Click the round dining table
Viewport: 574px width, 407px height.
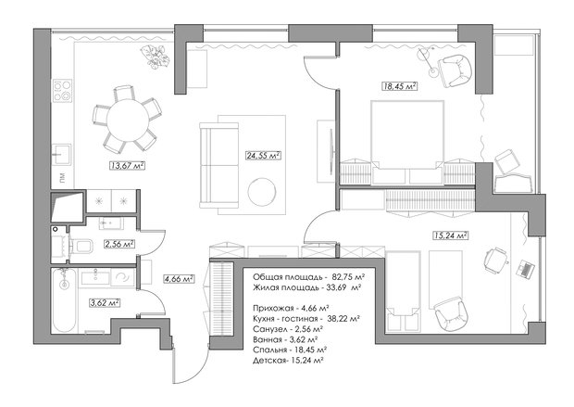pyautogui.click(x=128, y=120)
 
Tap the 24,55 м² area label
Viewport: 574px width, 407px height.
pyautogui.click(x=264, y=156)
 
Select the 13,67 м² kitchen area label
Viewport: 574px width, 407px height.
pyautogui.click(x=127, y=166)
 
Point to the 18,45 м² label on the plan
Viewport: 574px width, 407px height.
pyautogui.click(x=400, y=86)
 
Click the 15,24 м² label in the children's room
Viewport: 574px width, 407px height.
pyautogui.click(x=451, y=235)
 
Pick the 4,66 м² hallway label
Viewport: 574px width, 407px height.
pyautogui.click(x=179, y=279)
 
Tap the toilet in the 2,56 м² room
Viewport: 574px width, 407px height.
pyautogui.click(x=81, y=246)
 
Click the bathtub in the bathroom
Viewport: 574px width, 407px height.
pyautogui.click(x=64, y=300)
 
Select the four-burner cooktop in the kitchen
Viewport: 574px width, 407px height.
pyautogui.click(x=63, y=91)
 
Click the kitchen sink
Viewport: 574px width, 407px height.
pyautogui.click(x=61, y=155)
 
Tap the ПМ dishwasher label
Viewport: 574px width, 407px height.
pyautogui.click(x=63, y=178)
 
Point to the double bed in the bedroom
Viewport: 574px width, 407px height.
pyautogui.click(x=407, y=142)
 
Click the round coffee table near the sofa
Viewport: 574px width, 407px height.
pyautogui.click(x=262, y=191)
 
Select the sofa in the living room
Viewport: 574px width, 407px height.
pyautogui.click(x=218, y=166)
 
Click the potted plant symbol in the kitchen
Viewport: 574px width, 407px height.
pyautogui.click(x=156, y=57)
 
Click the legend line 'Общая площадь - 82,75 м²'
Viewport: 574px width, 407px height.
pyautogui.click(x=308, y=276)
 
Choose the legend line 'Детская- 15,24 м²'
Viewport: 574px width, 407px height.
pyautogui.click(x=288, y=361)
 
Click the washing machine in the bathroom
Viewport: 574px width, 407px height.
pyautogui.click(x=122, y=277)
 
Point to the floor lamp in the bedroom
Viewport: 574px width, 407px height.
pyautogui.click(x=429, y=61)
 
